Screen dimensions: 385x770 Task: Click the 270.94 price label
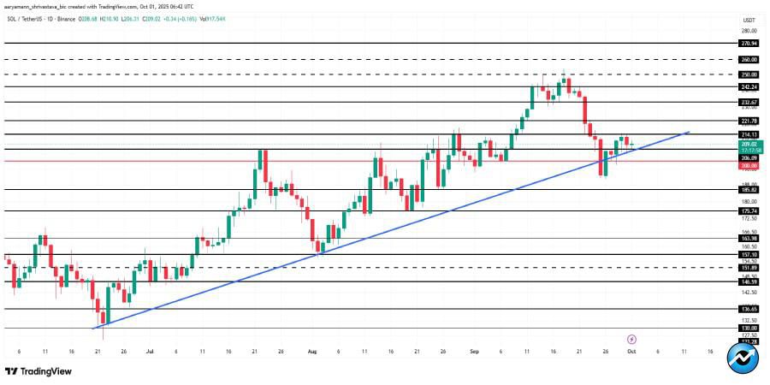tap(749, 43)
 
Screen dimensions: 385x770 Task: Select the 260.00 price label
tap(749, 60)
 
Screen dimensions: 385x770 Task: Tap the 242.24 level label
tap(749, 86)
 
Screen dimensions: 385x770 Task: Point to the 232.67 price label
tap(749, 102)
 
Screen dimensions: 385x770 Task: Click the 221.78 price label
tap(749, 121)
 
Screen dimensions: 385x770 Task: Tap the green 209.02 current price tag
tap(749, 144)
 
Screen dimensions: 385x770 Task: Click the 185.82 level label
tap(749, 189)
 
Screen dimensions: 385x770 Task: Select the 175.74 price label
tap(749, 210)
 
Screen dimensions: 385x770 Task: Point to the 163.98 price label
tap(749, 239)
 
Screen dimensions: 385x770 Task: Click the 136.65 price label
tap(749, 309)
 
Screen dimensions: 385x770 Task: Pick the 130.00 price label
tap(749, 328)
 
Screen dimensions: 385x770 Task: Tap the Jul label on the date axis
tap(151, 351)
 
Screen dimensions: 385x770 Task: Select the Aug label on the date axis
tap(311, 351)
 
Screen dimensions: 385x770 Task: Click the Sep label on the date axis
tap(472, 351)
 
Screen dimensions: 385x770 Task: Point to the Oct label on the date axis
tap(631, 351)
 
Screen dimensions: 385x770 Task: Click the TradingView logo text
tap(43, 371)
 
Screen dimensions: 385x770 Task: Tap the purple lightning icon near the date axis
tap(632, 339)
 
